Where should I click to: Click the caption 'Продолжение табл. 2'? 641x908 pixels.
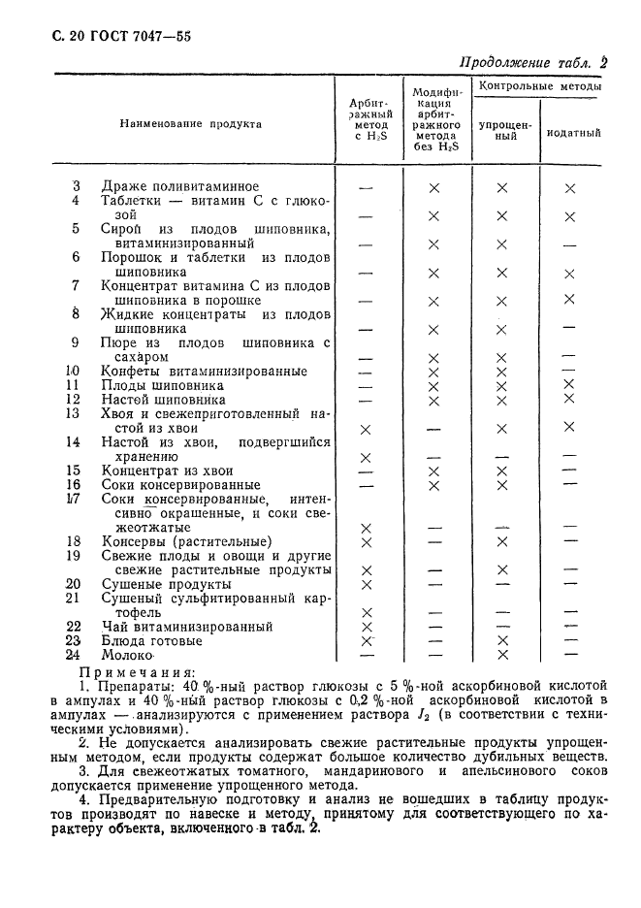pos(531,62)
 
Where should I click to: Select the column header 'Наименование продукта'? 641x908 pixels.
pos(191,124)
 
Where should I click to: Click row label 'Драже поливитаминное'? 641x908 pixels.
pos(179,187)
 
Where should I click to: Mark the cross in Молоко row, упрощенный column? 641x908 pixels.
pos(502,656)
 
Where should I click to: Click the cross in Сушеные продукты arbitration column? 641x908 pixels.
pos(366,584)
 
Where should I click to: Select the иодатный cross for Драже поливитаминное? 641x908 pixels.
pos(570,188)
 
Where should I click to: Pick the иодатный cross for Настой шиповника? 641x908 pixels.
pos(569,400)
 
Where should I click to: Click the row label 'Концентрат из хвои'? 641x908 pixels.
pos(167,470)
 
